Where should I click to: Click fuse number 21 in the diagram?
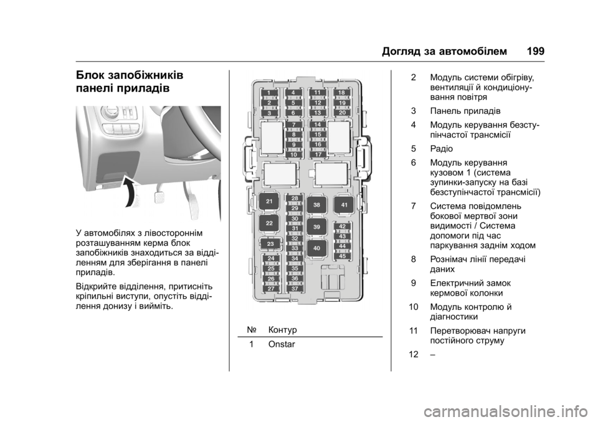tap(269, 202)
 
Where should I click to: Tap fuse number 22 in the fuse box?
tap(269, 223)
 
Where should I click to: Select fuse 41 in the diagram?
tap(344, 204)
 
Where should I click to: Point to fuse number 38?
tap(317, 204)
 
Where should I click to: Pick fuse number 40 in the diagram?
tap(317, 248)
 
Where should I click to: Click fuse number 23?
tap(270, 243)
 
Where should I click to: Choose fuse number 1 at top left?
tap(269, 93)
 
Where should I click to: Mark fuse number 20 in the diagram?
tap(342, 113)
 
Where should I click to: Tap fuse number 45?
tap(342, 255)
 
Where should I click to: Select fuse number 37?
tap(295, 289)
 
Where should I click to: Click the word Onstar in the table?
tap(282, 344)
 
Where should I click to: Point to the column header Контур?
tap(283, 328)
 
